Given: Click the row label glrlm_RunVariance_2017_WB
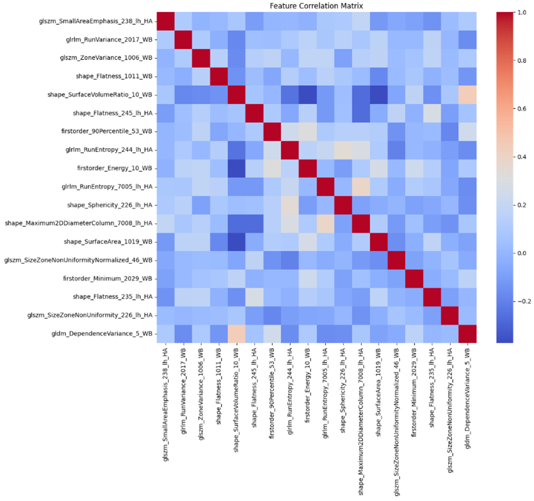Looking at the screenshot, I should (109, 40).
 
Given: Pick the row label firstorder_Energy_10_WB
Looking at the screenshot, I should (114, 168).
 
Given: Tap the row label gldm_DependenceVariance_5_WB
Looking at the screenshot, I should (102, 334).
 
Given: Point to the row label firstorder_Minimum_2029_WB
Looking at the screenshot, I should (107, 279).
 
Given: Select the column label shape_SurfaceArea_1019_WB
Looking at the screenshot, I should (379, 392).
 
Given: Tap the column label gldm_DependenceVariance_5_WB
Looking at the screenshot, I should (467, 395).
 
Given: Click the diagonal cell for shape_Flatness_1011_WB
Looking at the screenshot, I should (219, 76).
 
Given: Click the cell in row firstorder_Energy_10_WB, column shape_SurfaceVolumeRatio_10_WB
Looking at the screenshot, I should (237, 168).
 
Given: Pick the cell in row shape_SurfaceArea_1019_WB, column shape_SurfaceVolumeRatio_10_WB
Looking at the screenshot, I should (237, 242).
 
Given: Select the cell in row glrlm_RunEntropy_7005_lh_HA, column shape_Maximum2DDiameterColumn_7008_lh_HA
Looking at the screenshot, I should (361, 187).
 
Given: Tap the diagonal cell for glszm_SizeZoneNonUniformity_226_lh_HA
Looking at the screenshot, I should (450, 315).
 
